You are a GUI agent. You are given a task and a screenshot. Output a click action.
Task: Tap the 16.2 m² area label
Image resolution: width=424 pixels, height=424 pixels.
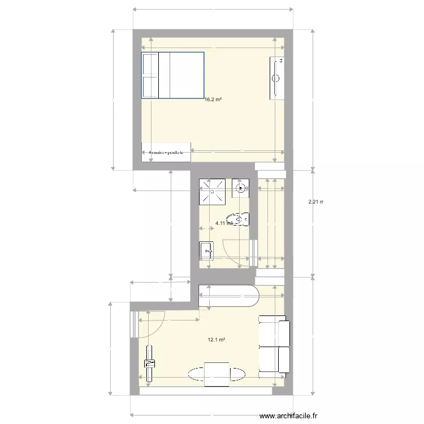[213, 99]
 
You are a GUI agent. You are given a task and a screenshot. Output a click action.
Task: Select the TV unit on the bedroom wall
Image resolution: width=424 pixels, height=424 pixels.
[278, 77]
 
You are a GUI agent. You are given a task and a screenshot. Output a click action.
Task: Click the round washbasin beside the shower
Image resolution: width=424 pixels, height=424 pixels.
[240, 188]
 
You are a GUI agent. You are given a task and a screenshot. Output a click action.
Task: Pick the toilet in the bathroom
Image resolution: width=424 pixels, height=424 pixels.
[238, 218]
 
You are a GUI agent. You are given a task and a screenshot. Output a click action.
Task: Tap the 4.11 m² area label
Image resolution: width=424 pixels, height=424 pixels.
[223, 223]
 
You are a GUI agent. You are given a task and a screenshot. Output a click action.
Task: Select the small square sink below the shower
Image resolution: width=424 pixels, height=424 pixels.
[206, 249]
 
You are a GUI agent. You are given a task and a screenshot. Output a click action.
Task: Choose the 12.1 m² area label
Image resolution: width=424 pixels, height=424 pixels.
[217, 340]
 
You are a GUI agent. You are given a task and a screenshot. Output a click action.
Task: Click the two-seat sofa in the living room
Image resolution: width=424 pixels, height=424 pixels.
[274, 346]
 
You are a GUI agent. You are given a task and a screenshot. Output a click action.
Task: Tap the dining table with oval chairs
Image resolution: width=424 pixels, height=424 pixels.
[217, 374]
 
